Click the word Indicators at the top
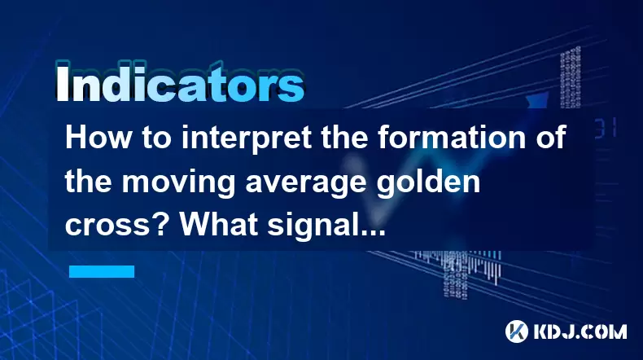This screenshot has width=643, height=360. (x=180, y=84)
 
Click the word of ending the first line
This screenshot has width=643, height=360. (x=550, y=138)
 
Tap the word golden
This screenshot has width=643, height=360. (x=428, y=182)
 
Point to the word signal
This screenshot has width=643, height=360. (x=311, y=226)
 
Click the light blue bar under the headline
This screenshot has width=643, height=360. (x=102, y=271)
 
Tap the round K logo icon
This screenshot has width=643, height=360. (x=517, y=331)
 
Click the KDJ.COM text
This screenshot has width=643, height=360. (x=580, y=332)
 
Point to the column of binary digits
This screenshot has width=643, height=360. (x=571, y=77)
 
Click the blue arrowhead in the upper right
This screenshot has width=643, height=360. (x=538, y=99)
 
